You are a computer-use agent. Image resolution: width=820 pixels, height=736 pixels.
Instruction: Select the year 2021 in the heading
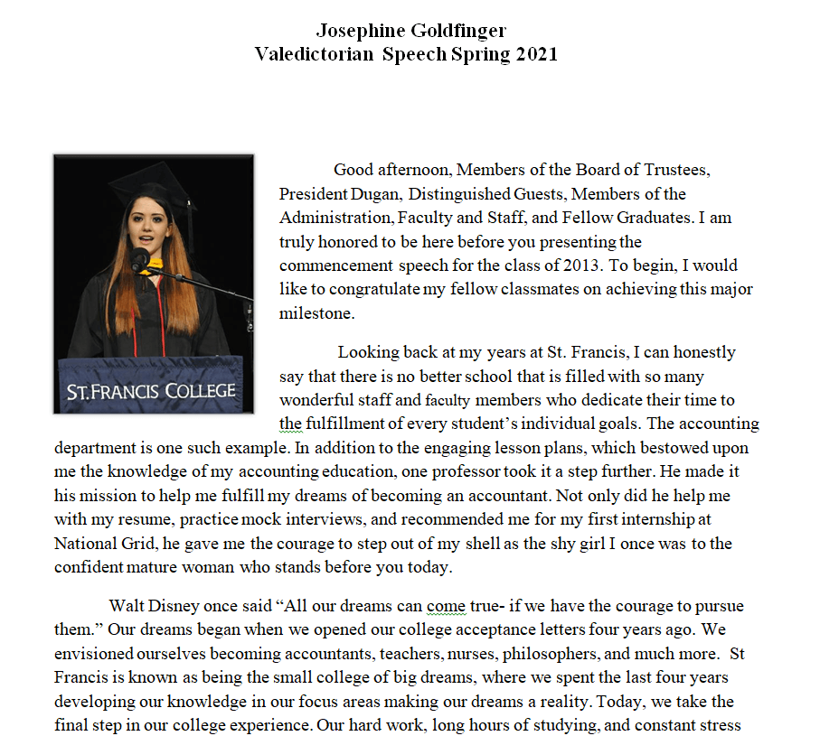tap(537, 53)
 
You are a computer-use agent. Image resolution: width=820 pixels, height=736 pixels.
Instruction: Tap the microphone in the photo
tap(139, 259)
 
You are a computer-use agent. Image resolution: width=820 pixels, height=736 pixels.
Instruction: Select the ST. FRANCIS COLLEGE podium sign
tap(151, 391)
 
